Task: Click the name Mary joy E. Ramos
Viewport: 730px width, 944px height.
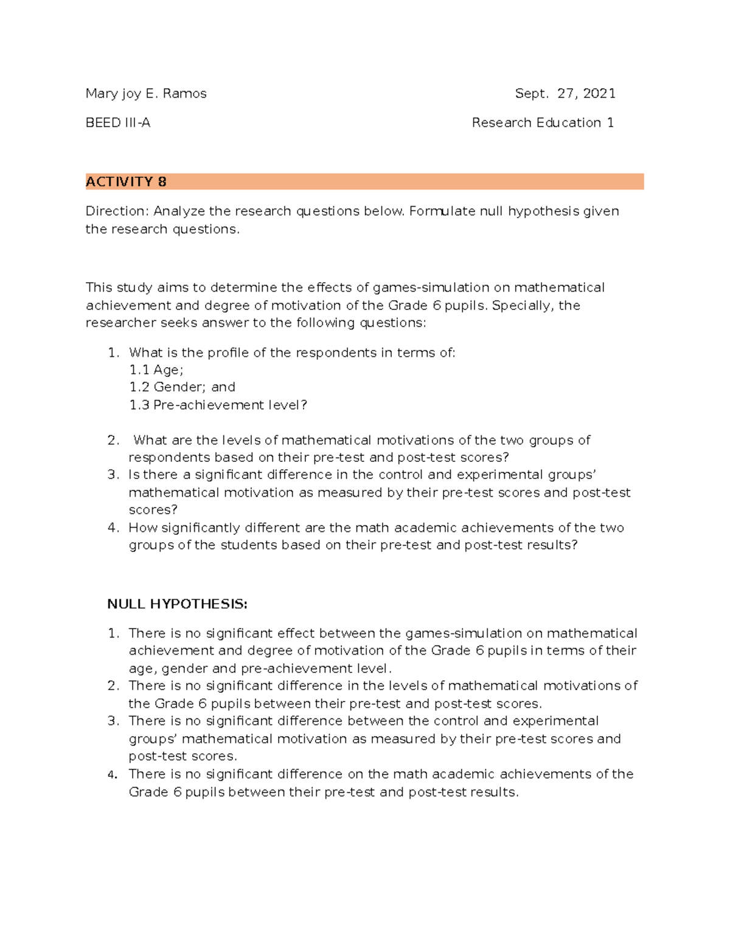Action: click(146, 94)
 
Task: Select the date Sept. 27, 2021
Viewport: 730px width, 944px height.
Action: click(565, 94)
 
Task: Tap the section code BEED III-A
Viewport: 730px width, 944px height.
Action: click(118, 123)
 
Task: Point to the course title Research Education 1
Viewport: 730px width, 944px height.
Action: click(542, 123)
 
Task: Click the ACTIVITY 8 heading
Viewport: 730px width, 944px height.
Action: click(126, 182)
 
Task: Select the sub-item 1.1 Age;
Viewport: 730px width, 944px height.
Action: click(156, 370)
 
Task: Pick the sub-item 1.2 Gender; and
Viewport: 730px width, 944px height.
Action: click(182, 387)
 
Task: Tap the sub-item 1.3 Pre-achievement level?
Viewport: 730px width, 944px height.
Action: click(218, 405)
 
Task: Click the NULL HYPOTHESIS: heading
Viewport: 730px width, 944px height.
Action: click(177, 604)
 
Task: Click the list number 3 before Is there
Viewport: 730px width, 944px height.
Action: click(113, 475)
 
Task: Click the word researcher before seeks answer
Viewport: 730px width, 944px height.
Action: click(120, 323)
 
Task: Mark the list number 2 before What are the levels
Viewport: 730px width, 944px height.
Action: click(113, 440)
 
